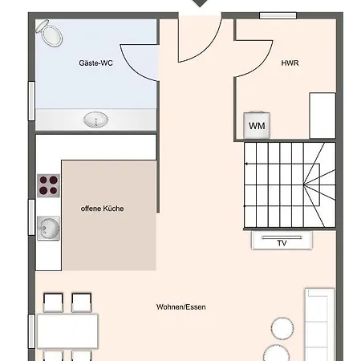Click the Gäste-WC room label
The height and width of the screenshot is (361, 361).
(95, 63)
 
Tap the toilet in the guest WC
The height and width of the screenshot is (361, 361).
(50, 33)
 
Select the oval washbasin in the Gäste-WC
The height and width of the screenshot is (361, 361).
(95, 120)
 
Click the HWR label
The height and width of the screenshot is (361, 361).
(290, 63)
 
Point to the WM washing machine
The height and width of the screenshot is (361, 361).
(257, 125)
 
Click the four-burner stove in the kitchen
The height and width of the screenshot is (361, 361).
(48, 185)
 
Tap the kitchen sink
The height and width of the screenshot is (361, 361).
(48, 228)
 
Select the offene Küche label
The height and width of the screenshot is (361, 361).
(102, 209)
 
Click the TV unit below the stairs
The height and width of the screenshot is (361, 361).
(282, 241)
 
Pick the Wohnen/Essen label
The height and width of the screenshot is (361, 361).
(181, 307)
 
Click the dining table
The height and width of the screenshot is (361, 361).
(67, 331)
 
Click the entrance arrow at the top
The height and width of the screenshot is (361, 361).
(200, 3)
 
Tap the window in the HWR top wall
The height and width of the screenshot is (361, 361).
(278, 15)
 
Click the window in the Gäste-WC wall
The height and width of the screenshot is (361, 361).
(31, 101)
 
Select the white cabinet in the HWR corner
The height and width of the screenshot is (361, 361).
(322, 116)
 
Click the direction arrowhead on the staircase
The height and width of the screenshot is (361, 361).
(246, 164)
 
